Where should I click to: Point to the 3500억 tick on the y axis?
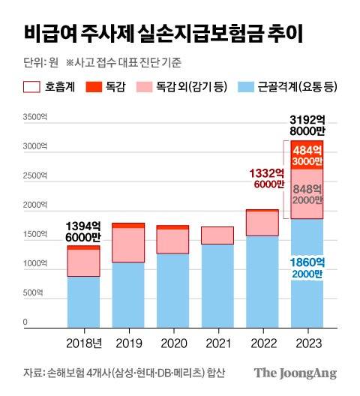[x=35, y=118]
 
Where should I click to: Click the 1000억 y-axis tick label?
[x=35, y=264]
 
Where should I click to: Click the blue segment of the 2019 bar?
[x=127, y=295]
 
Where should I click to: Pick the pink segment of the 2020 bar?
[x=172, y=241]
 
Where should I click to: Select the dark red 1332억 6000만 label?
[x=264, y=178]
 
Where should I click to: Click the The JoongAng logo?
[x=295, y=373]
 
